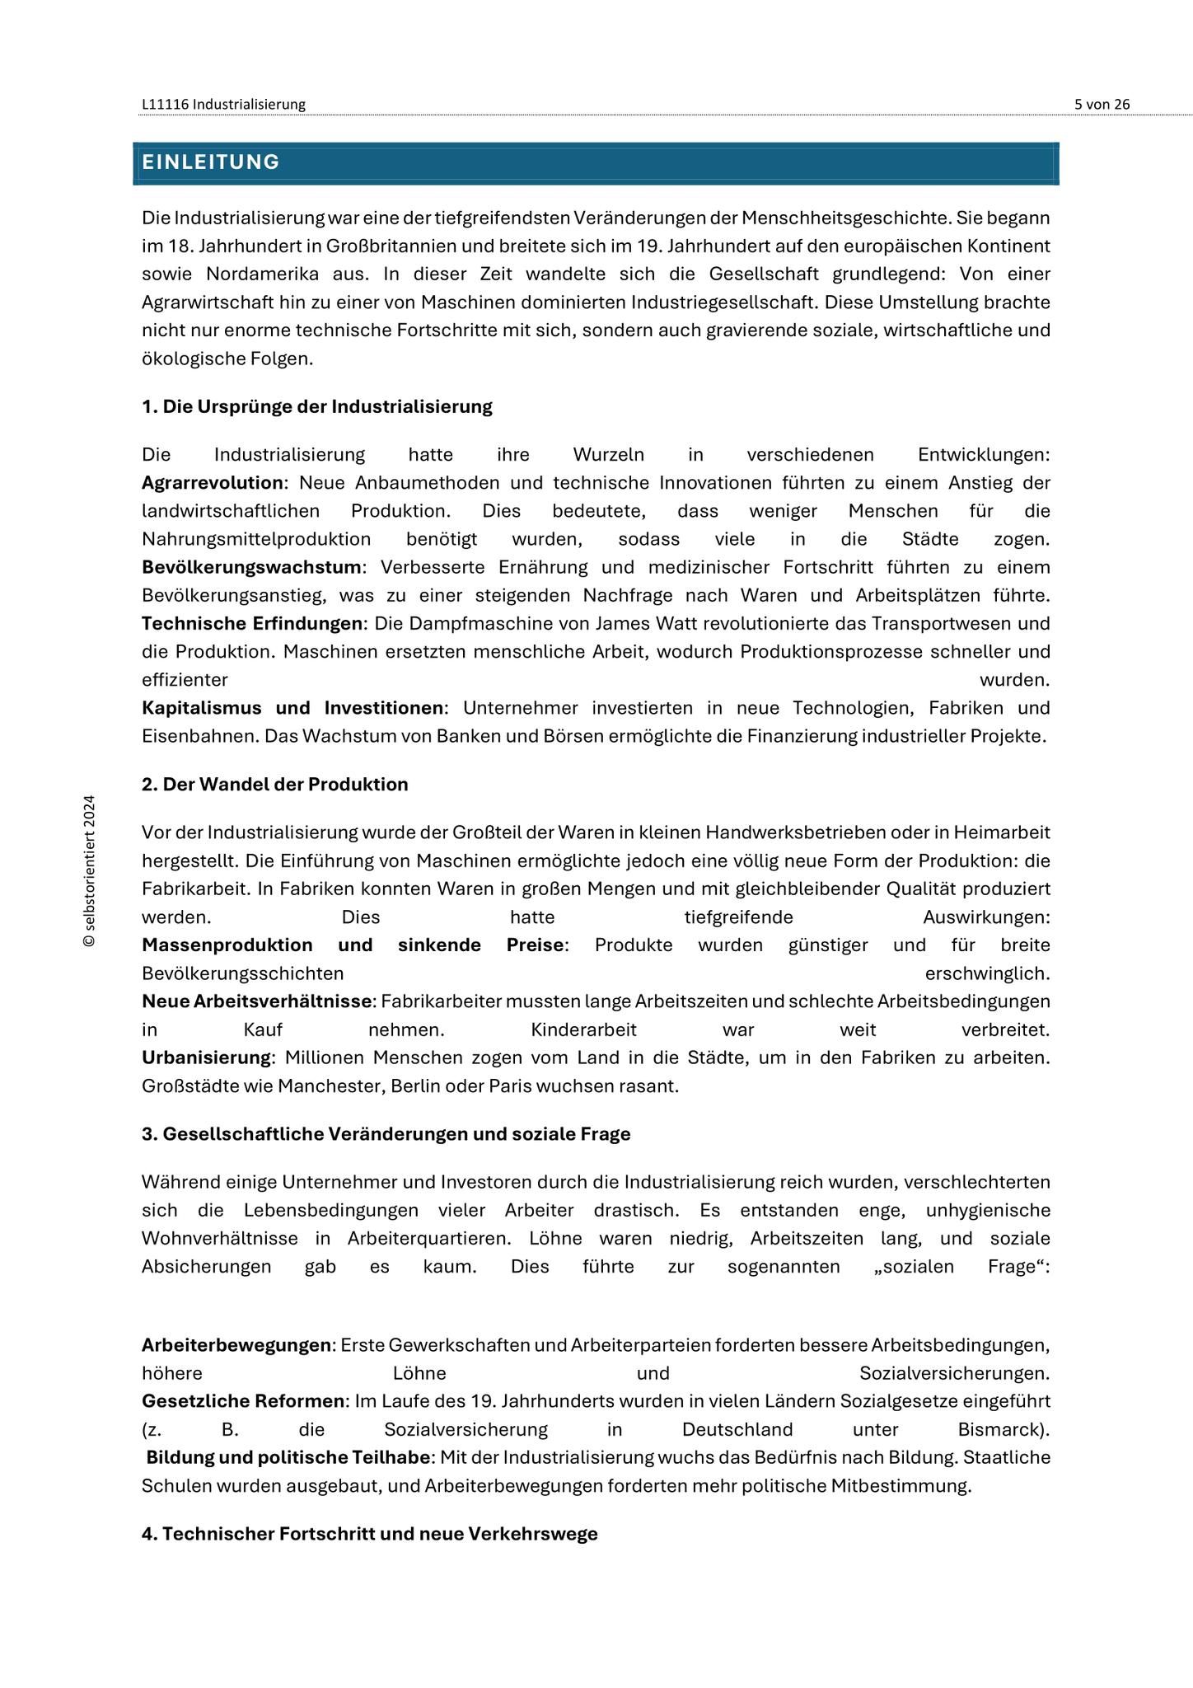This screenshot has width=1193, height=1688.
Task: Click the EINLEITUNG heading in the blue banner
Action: (211, 162)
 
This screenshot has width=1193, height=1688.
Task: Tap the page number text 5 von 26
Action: (1102, 105)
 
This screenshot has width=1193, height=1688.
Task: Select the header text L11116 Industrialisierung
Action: (223, 105)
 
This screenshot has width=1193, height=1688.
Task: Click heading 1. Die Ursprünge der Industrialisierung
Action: (316, 406)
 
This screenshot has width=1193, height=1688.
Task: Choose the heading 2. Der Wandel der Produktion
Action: (274, 785)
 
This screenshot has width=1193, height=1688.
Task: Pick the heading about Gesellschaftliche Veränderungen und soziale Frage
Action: (386, 1134)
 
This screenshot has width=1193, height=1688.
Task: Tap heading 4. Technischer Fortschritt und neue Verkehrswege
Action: (369, 1534)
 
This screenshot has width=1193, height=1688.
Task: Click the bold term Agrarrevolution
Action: (212, 483)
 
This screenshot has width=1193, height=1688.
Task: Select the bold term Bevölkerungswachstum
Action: (251, 567)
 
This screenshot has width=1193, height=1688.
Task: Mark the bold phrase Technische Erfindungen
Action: (251, 623)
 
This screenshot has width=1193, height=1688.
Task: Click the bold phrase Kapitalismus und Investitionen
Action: (292, 708)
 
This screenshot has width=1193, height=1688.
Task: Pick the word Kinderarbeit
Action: (583, 1030)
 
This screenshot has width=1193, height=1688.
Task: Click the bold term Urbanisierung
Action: (206, 1057)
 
